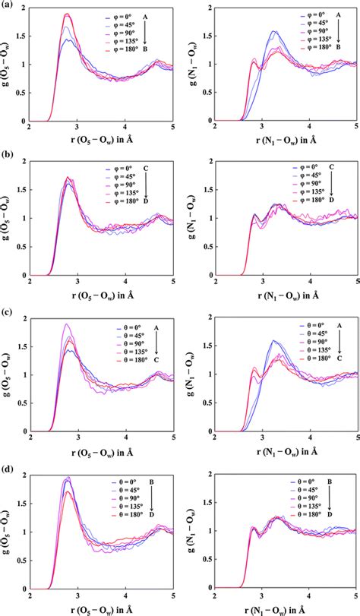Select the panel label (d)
(7, 464)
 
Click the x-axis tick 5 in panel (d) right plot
(355, 592)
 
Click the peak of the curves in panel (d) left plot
(68, 479)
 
